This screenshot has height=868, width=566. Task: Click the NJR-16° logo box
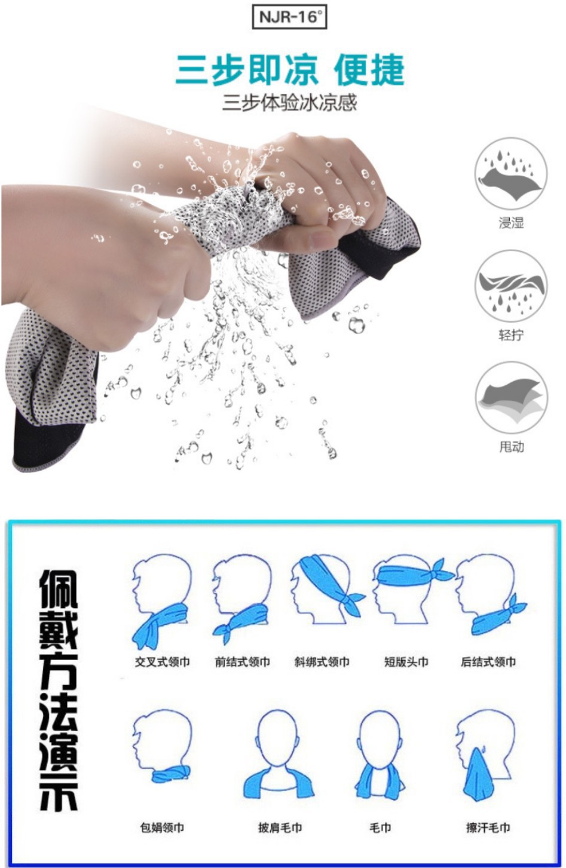coord(289,17)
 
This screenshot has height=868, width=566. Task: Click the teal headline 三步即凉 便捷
coord(290,70)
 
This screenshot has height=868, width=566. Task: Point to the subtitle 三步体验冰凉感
coord(289,103)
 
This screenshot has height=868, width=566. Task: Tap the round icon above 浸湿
coord(510,174)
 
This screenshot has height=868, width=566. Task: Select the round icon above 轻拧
coord(510,286)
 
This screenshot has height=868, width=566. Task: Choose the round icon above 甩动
coord(511,398)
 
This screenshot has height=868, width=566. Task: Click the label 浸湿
coord(511,223)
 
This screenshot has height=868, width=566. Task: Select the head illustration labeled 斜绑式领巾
coord(327,589)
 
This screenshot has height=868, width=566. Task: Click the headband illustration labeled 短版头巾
coord(412,589)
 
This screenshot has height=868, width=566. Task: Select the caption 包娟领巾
coord(162,827)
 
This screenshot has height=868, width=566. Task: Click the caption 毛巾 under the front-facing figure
coord(380,827)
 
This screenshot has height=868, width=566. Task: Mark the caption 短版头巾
coord(406,661)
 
